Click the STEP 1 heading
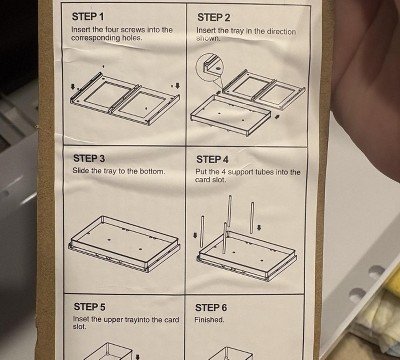(x=88, y=16)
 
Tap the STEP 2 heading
(x=213, y=17)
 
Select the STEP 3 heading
(x=89, y=158)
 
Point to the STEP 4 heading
(x=212, y=160)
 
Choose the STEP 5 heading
(x=90, y=306)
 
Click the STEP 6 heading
(x=211, y=307)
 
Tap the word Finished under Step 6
(x=209, y=320)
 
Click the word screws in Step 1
(x=133, y=30)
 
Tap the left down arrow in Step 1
(x=73, y=87)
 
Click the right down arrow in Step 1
(x=177, y=86)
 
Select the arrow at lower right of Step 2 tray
(x=277, y=117)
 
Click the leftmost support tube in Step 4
(x=202, y=231)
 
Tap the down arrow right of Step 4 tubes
(x=260, y=228)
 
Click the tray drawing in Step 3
(x=125, y=242)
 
